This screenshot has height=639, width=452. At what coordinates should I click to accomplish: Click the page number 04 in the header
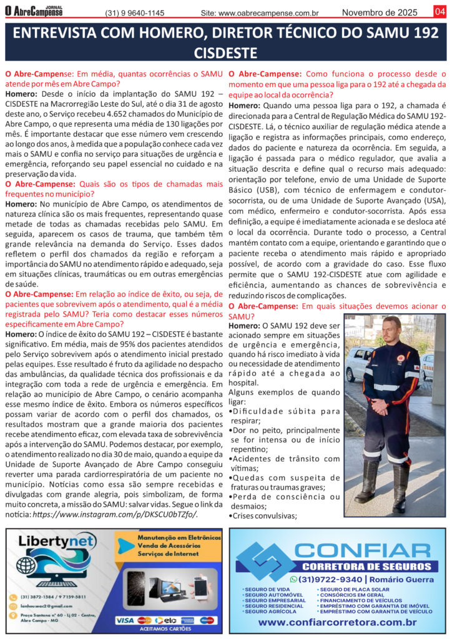439,12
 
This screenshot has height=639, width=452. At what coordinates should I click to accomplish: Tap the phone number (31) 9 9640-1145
135,13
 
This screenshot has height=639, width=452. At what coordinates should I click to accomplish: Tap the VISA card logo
125,620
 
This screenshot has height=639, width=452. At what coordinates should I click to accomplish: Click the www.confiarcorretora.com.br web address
337,622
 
